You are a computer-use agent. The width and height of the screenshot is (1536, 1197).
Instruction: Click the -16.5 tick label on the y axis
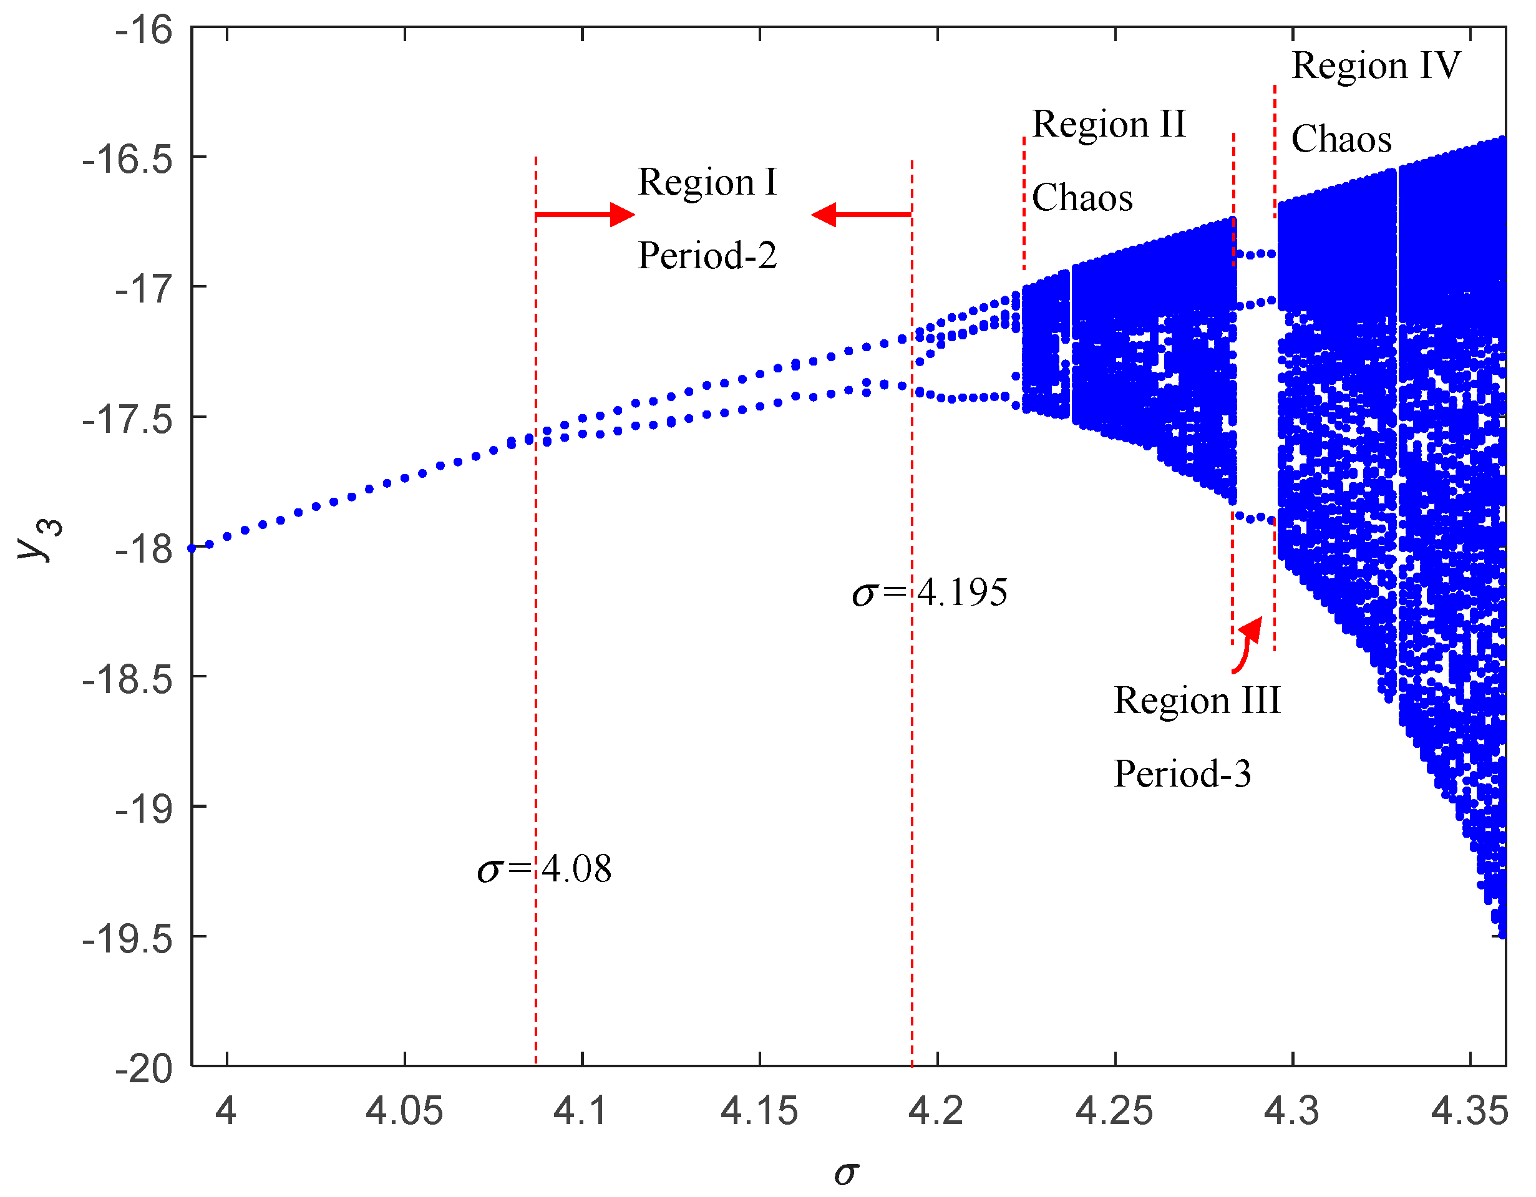[127, 159]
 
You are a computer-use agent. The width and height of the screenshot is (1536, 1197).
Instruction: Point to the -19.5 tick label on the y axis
[127, 939]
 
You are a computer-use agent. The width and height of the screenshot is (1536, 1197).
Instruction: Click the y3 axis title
[39, 539]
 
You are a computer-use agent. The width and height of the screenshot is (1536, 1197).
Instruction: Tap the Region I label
[707, 182]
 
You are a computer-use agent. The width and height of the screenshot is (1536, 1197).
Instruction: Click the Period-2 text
[707, 255]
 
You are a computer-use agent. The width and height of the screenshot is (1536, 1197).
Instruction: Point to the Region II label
[1109, 125]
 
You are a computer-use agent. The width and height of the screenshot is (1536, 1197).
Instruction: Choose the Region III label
[1197, 700]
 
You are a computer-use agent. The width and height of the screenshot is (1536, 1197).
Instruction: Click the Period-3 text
[1182, 773]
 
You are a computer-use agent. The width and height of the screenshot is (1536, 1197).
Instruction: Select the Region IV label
[1376, 65]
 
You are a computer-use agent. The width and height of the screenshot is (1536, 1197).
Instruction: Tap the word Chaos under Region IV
[1341, 138]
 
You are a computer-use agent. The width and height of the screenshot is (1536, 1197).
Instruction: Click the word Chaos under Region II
[1082, 198]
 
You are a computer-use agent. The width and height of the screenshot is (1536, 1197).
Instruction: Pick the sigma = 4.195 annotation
[930, 593]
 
